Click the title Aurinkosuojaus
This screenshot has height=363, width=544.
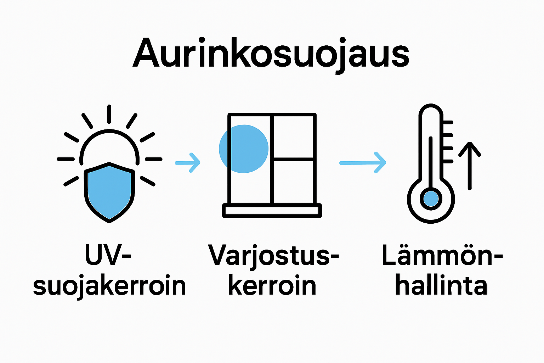(271, 53)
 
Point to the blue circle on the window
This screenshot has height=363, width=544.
(244, 149)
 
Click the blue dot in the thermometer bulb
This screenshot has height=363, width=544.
(431, 199)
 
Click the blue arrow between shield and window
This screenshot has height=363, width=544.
(188, 163)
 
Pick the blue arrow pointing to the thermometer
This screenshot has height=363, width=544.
(363, 163)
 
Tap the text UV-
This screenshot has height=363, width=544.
(108, 255)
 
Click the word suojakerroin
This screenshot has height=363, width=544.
(109, 286)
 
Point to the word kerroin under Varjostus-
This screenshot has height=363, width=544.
(272, 286)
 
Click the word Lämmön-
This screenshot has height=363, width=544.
(442, 255)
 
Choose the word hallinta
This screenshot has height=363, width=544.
(441, 286)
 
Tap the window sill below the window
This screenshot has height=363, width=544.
(272, 211)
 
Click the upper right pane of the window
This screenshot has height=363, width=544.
(294, 137)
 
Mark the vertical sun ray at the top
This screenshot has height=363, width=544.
(109, 114)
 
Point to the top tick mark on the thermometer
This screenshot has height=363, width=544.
(448, 122)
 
